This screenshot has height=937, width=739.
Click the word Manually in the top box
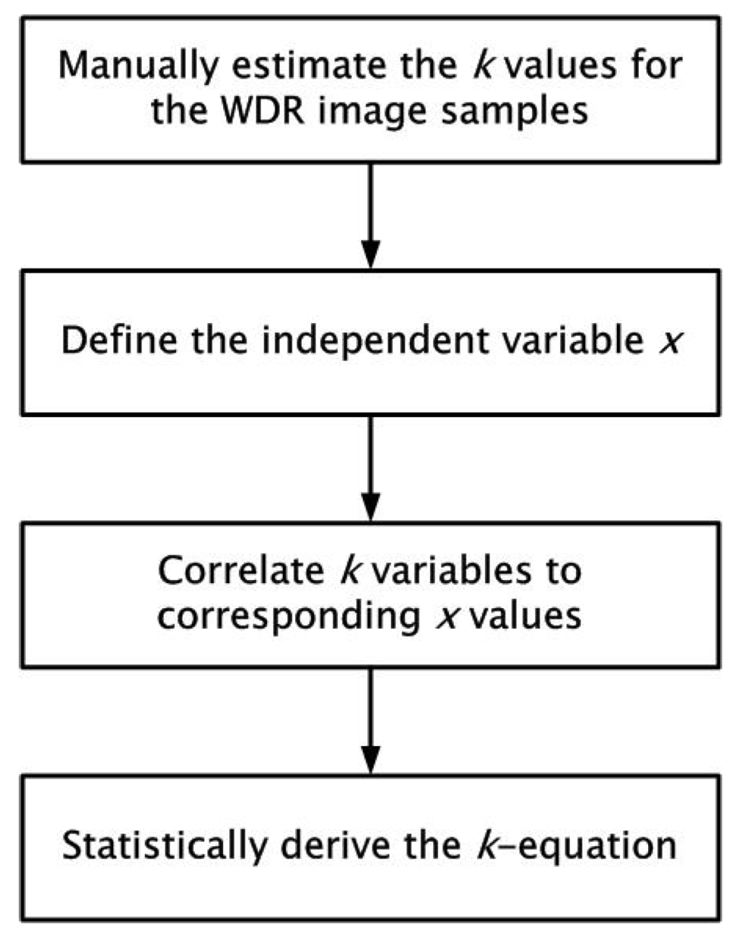[137, 66]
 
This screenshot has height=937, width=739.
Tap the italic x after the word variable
[669, 341]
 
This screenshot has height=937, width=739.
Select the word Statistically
[165, 845]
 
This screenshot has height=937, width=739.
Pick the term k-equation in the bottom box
[576, 845]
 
